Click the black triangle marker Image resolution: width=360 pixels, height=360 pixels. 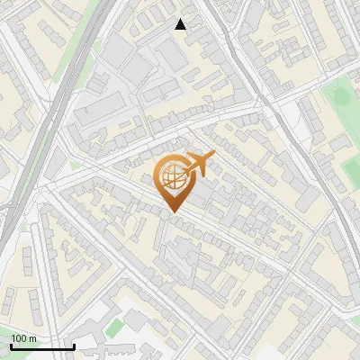tap(181, 24)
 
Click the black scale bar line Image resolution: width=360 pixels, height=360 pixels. tap(42, 347)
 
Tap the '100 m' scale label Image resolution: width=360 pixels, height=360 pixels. tap(24, 338)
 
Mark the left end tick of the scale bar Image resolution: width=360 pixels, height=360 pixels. tap(11, 346)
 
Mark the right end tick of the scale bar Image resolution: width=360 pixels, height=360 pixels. tap(74, 346)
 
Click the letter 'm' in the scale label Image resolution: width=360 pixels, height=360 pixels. tap(32, 338)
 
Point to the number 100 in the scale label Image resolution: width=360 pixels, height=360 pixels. tap(19, 338)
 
